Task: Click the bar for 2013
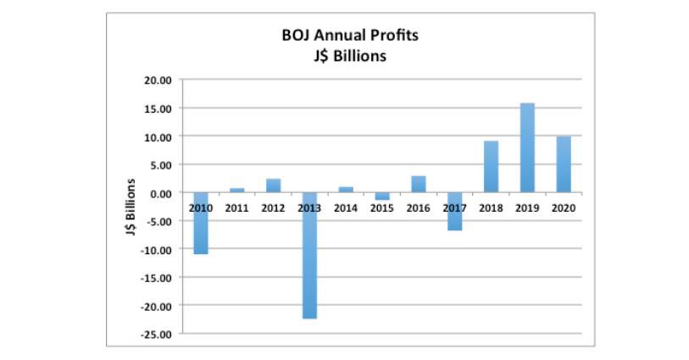click(309, 255)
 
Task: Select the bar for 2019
click(526, 147)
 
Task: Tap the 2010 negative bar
click(201, 223)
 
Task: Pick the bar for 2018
click(491, 167)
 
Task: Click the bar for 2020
click(563, 164)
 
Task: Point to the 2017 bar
click(454, 211)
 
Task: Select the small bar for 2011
click(237, 190)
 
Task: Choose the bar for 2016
click(418, 184)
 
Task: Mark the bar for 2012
click(273, 186)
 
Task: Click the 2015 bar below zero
click(382, 197)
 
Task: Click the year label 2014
click(346, 207)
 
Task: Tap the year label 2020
click(563, 207)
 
